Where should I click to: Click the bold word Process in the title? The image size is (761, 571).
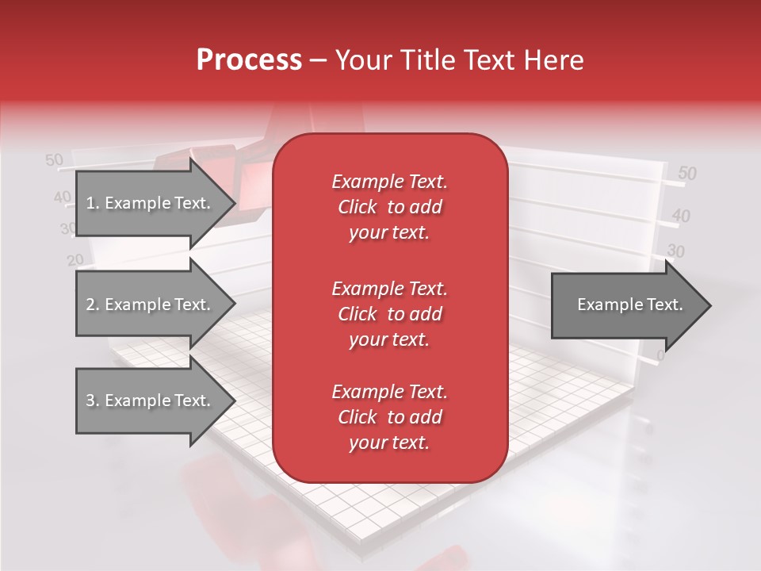[249, 60]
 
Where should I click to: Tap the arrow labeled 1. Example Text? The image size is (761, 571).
[151, 203]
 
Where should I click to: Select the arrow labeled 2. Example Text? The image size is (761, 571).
[151, 305]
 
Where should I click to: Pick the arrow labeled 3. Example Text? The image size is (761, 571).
[151, 400]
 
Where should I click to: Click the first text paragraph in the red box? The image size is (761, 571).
[389, 207]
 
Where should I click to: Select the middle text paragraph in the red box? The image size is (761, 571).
[389, 314]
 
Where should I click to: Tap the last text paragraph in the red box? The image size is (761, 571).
[389, 417]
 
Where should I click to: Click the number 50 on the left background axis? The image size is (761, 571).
[54, 160]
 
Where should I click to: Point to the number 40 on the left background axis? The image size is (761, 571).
[62, 197]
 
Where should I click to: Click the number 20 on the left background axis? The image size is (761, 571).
[75, 259]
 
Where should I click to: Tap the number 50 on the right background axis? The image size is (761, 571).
[687, 174]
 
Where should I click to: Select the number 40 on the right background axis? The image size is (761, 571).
[681, 215]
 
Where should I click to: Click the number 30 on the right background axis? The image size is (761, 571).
[675, 251]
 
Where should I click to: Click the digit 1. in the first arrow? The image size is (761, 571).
[91, 203]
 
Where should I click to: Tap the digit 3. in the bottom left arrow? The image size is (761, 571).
[91, 400]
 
